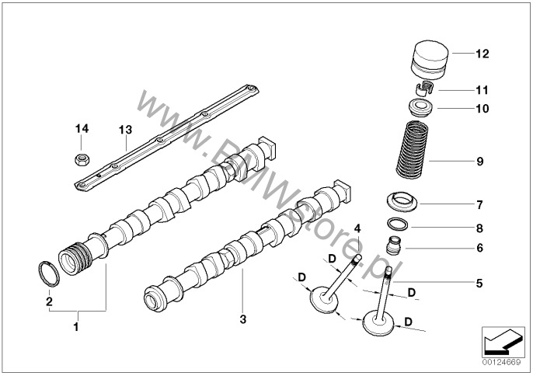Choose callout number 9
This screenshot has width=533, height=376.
pos(479,162)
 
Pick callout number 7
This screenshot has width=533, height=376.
pos(479,205)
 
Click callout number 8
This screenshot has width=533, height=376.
pos(479,228)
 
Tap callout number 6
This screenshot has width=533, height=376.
pos(479,249)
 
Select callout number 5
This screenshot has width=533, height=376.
pos(479,284)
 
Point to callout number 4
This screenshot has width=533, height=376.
pos(357,228)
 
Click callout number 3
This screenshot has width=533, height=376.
pos(242,319)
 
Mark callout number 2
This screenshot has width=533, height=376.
pos(48,301)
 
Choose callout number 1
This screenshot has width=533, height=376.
pos(75,327)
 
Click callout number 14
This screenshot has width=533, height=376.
pos(82,128)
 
